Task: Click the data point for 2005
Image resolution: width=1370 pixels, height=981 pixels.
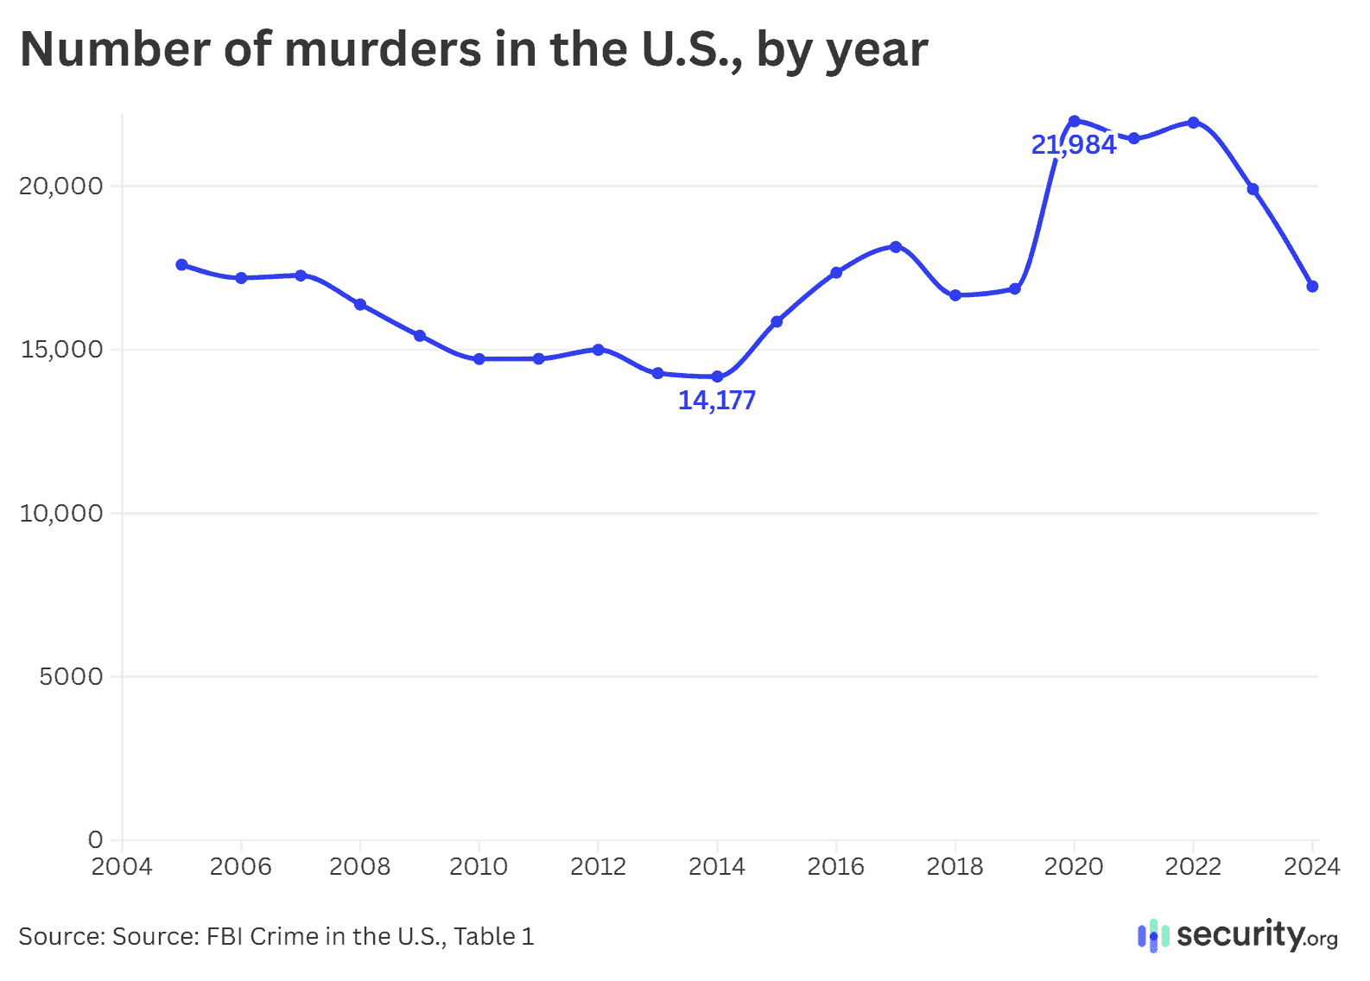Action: (x=181, y=264)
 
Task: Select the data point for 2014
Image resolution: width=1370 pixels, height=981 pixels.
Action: (x=717, y=377)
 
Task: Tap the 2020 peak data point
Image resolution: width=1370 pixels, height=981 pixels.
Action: (x=1074, y=121)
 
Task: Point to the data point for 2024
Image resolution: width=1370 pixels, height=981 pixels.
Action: (x=1312, y=286)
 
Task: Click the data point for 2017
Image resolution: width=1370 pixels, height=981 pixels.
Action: (x=896, y=246)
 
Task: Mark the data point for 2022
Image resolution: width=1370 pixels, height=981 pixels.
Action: (x=1193, y=123)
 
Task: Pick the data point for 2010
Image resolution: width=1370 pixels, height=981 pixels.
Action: (x=479, y=358)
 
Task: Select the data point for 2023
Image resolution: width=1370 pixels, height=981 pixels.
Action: (x=1253, y=189)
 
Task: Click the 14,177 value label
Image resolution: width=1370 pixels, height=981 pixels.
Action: (x=716, y=401)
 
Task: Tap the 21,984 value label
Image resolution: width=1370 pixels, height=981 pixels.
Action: (x=1074, y=145)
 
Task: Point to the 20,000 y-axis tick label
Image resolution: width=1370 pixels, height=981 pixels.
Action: (x=60, y=187)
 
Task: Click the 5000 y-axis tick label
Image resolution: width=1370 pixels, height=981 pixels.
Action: (x=71, y=677)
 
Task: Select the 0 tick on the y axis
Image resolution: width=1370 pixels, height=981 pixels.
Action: (x=95, y=839)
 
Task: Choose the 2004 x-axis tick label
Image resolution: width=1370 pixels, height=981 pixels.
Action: (x=122, y=867)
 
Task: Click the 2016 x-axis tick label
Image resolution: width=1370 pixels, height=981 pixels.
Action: (x=835, y=867)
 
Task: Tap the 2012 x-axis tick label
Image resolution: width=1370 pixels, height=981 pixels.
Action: (x=598, y=867)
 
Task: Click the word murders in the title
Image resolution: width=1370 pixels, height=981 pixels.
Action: (x=383, y=49)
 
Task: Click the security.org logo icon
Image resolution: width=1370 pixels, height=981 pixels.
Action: (x=1152, y=936)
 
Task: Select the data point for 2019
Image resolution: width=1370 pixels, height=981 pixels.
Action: (x=1015, y=288)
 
